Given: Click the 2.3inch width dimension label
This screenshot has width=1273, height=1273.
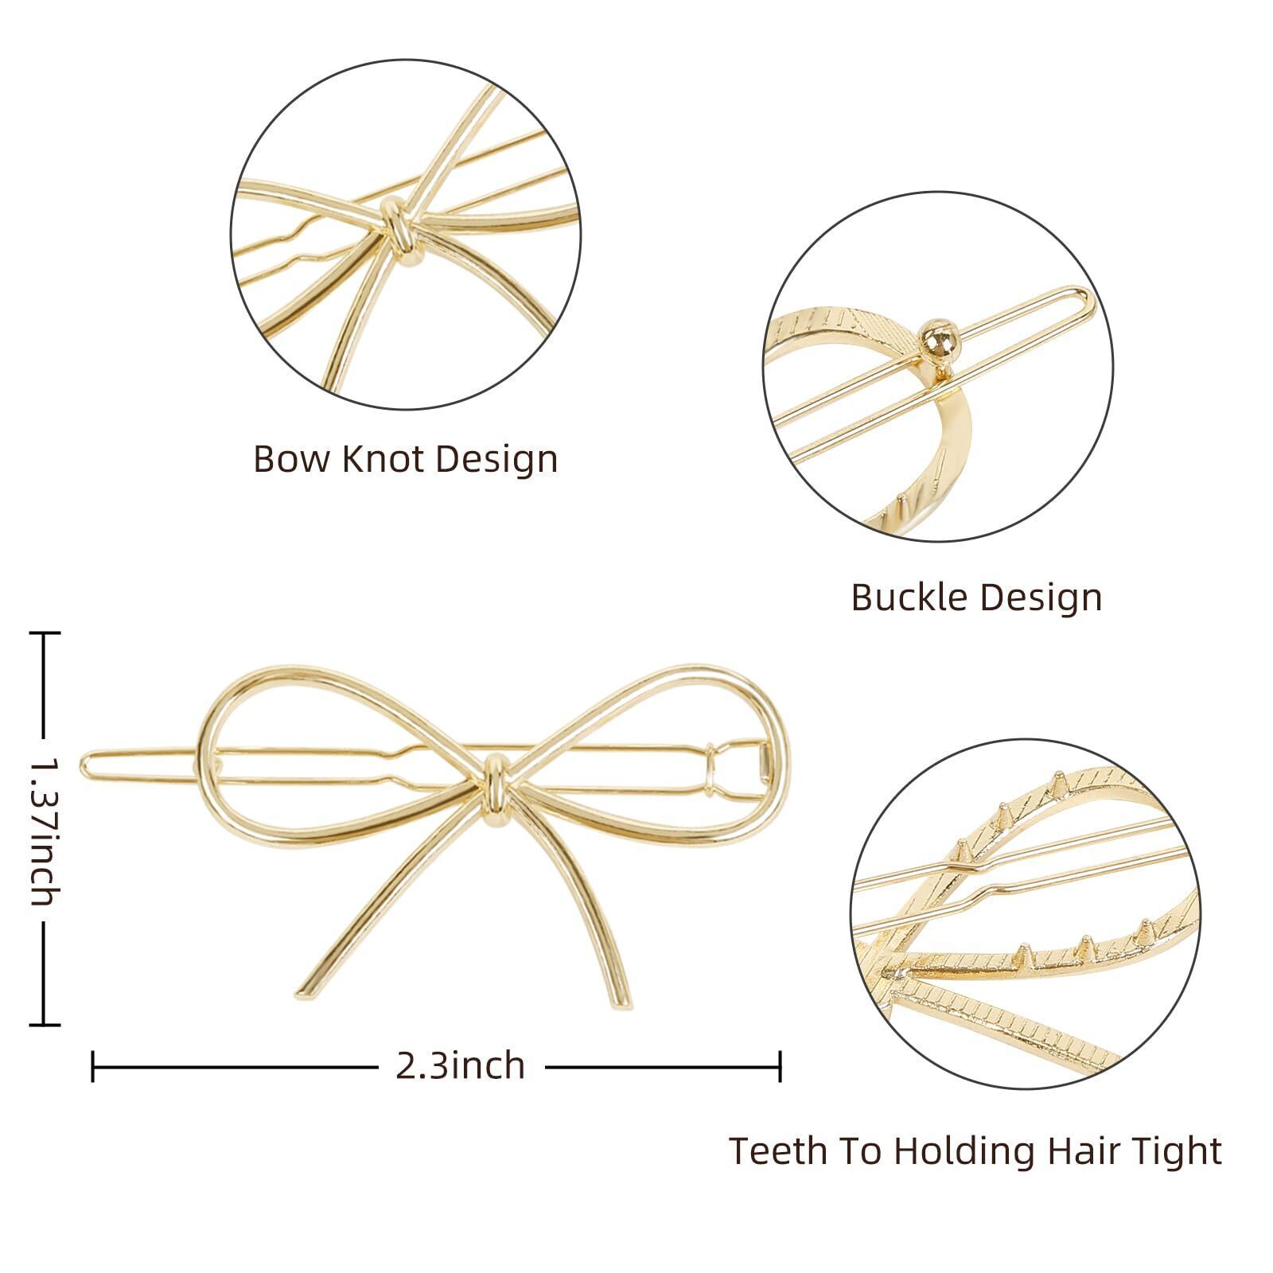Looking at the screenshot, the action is [460, 1066].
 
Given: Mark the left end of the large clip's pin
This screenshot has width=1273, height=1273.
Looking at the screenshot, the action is [84, 765].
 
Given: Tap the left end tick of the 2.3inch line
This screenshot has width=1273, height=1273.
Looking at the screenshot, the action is [93, 1066].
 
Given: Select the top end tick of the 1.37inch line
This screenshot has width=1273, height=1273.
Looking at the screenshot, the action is [44, 633].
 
